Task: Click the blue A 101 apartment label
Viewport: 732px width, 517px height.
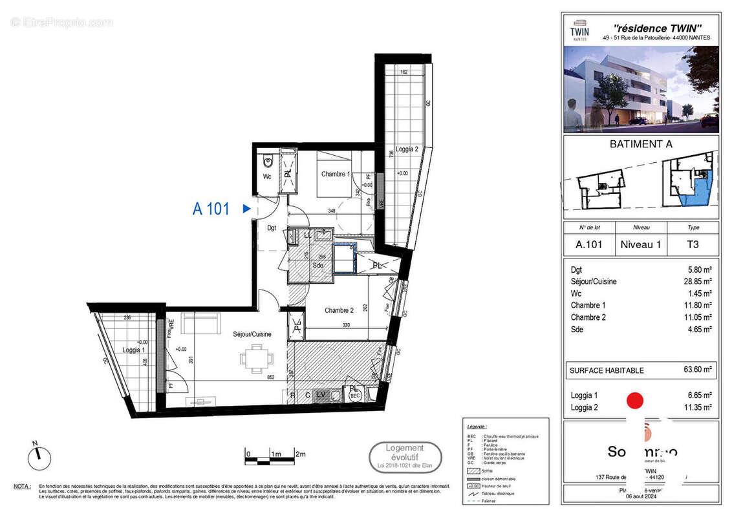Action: [211, 209]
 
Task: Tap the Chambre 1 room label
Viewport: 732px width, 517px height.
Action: [336, 174]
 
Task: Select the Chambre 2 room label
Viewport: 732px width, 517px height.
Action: [339, 311]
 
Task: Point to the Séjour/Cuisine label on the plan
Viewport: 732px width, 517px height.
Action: [252, 334]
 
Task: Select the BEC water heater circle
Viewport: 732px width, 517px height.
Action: [354, 396]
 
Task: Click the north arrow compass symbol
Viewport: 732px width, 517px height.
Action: [39, 456]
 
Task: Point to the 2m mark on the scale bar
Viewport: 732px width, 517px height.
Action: [299, 454]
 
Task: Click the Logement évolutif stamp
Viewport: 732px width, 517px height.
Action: [405, 456]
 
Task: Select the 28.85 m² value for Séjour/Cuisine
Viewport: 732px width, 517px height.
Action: [699, 282]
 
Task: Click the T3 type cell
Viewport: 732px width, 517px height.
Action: [692, 245]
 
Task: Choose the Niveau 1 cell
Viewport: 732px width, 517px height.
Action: [640, 245]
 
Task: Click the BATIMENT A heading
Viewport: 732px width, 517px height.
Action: [641, 144]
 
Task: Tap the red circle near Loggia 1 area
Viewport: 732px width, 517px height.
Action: [636, 401]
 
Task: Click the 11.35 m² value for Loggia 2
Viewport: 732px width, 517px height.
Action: [699, 407]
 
